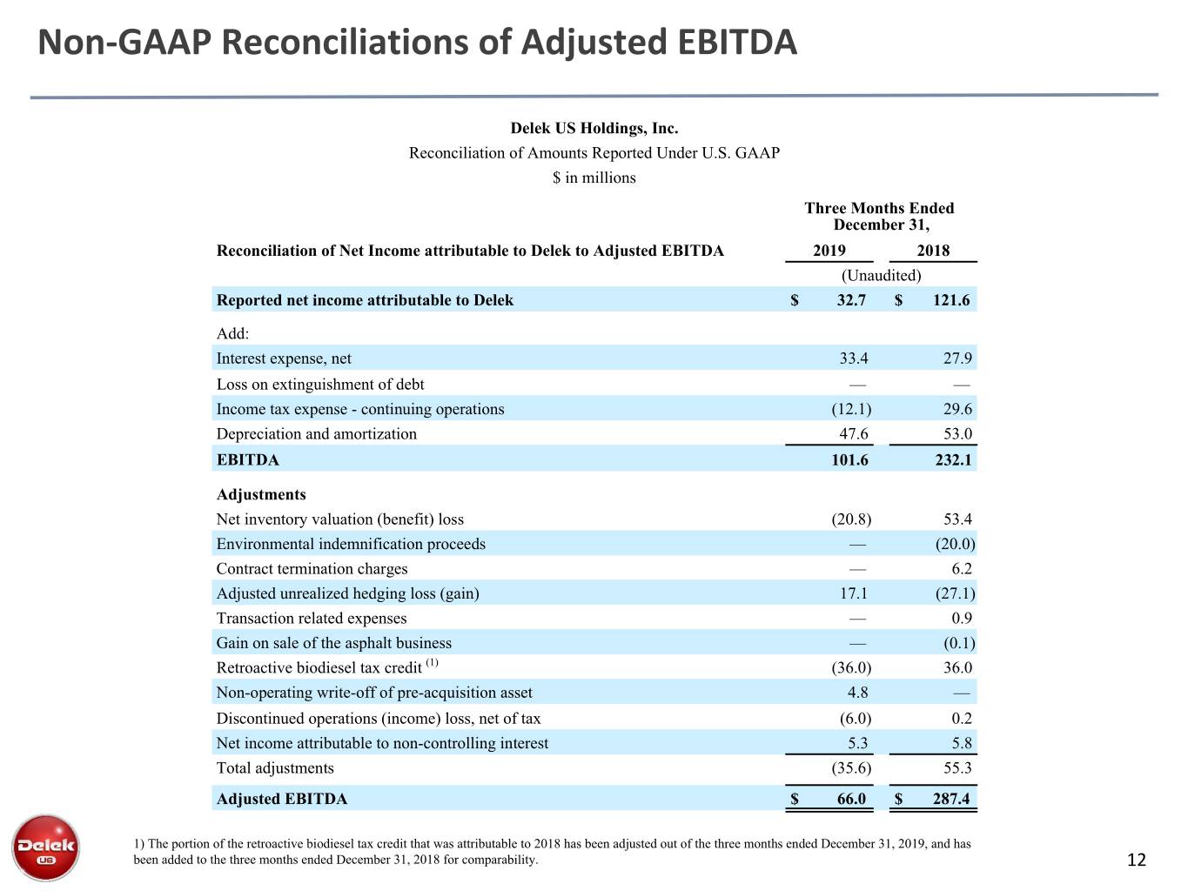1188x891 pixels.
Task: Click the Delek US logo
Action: click(x=45, y=847)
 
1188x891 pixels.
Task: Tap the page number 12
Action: click(x=1136, y=860)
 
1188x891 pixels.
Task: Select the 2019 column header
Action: click(x=829, y=251)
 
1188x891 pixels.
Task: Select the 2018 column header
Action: click(x=933, y=251)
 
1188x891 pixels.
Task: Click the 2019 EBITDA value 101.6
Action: click(x=849, y=459)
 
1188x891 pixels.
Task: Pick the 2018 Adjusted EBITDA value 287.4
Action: click(x=951, y=799)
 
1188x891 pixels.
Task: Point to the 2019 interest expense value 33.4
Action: click(x=854, y=358)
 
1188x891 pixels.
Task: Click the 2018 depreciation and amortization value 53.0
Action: click(x=957, y=434)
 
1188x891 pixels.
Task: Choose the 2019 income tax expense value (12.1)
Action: click(x=851, y=409)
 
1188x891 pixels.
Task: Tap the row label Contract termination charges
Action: click(x=312, y=568)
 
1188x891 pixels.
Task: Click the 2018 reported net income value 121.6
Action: click(x=951, y=300)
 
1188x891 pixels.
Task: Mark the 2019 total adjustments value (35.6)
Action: click(x=851, y=768)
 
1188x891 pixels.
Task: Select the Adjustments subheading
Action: click(x=261, y=494)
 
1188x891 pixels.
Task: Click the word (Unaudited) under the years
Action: click(x=881, y=275)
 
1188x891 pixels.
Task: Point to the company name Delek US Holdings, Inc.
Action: click(x=594, y=128)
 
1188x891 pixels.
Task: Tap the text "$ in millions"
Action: click(x=594, y=178)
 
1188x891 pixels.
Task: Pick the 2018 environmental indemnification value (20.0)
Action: click(x=956, y=544)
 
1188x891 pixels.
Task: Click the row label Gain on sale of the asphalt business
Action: click(x=334, y=643)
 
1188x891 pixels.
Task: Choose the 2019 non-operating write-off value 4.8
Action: click(x=858, y=693)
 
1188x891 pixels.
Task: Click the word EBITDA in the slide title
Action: click(x=737, y=42)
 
